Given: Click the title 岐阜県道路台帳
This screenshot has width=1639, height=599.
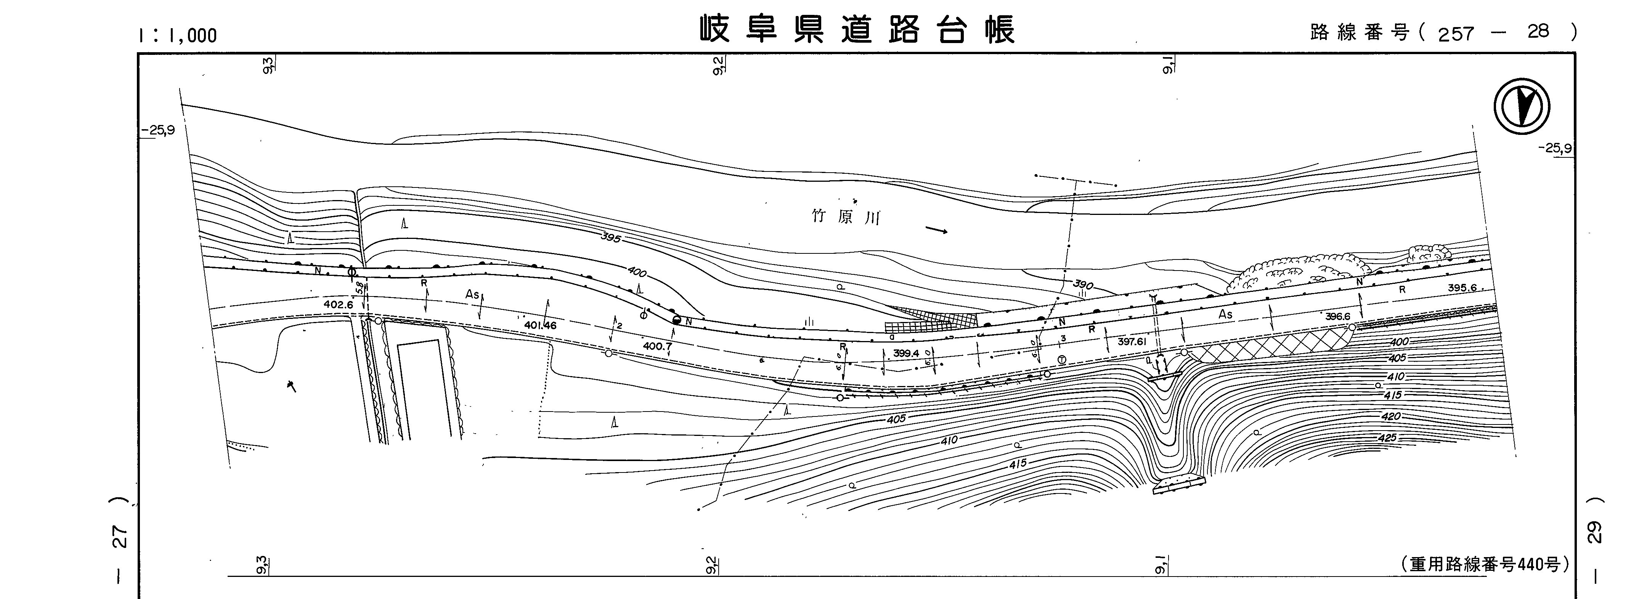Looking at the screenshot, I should pos(857,29).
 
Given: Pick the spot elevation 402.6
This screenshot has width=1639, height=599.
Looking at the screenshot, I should pos(338,304).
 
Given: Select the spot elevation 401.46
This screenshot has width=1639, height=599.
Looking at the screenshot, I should pos(540,325).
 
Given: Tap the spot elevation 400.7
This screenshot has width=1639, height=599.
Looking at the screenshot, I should pos(657,346).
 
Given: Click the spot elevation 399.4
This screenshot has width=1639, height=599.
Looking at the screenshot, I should pos(906,354).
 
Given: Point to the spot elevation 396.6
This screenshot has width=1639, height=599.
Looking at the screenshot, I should pos(1337,316).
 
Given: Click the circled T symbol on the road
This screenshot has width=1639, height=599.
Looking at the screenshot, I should pos(1061,359).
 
